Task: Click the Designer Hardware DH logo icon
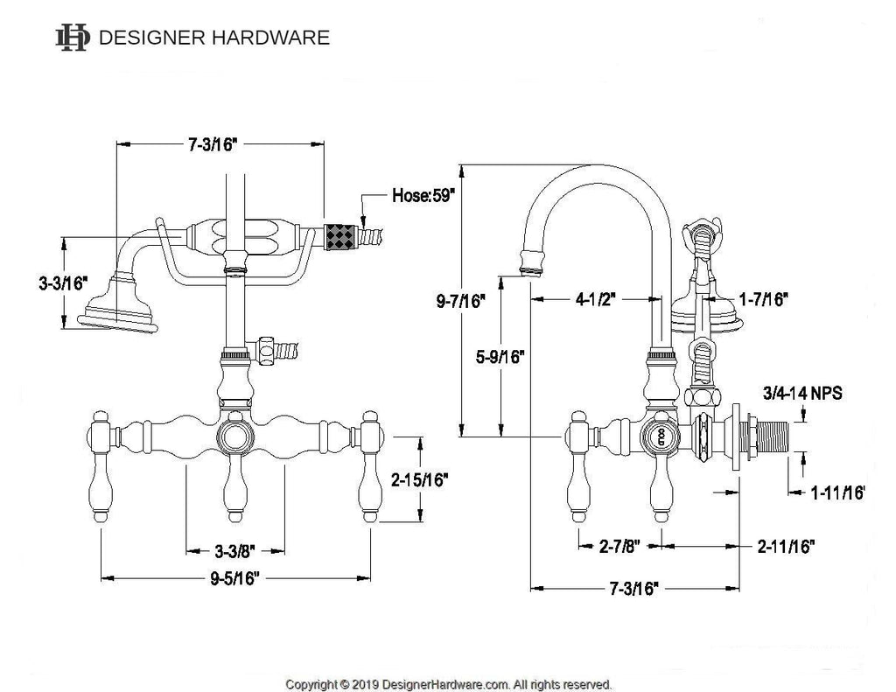click(x=73, y=38)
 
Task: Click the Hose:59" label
click(x=423, y=195)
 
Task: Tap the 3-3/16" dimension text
click(x=62, y=283)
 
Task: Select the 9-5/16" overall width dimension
click(x=234, y=578)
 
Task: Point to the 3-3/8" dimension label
click(x=234, y=551)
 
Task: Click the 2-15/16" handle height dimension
click(x=420, y=479)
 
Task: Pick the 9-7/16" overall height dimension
click(x=460, y=301)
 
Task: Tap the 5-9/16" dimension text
click(x=500, y=357)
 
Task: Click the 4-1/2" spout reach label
click(x=595, y=299)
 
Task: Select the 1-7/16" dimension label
click(x=764, y=298)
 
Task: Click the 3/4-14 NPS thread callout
click(x=802, y=393)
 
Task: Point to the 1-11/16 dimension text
click(x=837, y=493)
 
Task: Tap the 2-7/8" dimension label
click(x=619, y=546)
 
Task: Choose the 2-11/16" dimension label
click(x=787, y=546)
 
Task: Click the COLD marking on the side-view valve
click(x=661, y=437)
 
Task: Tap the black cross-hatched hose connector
click(x=341, y=237)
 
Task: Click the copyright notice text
click(x=449, y=684)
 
